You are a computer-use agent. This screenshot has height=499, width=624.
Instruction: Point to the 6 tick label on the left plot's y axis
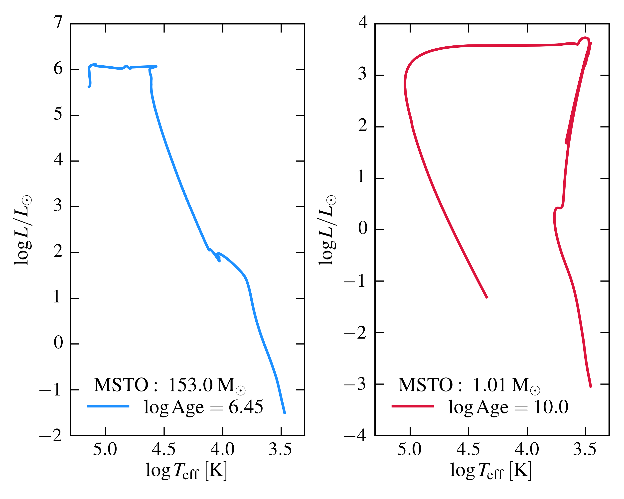pos(58,69)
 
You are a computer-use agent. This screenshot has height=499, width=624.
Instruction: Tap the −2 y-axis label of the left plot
pos(51,436)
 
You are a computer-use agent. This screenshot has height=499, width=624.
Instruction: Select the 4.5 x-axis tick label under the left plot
pos(164,449)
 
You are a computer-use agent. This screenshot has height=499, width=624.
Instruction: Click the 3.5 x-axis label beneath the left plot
pos(280,449)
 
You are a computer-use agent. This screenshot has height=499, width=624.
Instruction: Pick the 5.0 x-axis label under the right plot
pos(409,449)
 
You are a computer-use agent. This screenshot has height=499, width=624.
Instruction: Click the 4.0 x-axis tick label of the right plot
pos(527,449)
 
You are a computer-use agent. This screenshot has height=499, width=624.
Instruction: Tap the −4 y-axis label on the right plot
pos(355,436)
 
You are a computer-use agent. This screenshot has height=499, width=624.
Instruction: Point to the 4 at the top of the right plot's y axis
pos(363,22)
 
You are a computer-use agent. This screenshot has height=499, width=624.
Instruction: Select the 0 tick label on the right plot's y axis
pos(363,228)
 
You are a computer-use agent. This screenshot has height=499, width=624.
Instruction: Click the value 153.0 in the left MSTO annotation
pos(190,385)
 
